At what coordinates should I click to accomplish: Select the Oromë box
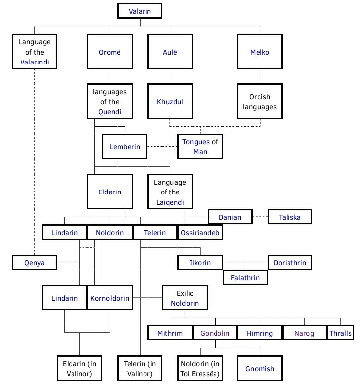tap(110, 51)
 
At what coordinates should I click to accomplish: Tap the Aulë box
tap(170, 51)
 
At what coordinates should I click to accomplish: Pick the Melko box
tap(260, 51)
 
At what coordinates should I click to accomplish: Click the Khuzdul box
tap(170, 102)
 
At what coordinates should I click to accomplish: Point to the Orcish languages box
tap(260, 102)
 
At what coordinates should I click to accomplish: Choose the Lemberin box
tap(125, 147)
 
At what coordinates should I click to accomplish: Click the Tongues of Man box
tap(200, 147)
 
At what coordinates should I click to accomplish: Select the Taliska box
tap(290, 217)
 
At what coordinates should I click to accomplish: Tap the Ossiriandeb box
tap(199, 232)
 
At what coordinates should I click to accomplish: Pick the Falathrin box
tap(245, 278)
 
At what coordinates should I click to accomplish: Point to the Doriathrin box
tap(290, 263)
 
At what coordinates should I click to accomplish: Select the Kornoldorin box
tap(110, 298)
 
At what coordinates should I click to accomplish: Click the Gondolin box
tap(215, 333)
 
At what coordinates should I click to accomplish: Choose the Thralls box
tap(340, 333)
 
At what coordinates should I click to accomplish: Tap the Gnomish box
tap(260, 369)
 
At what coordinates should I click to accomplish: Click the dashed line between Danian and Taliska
tap(255, 217)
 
